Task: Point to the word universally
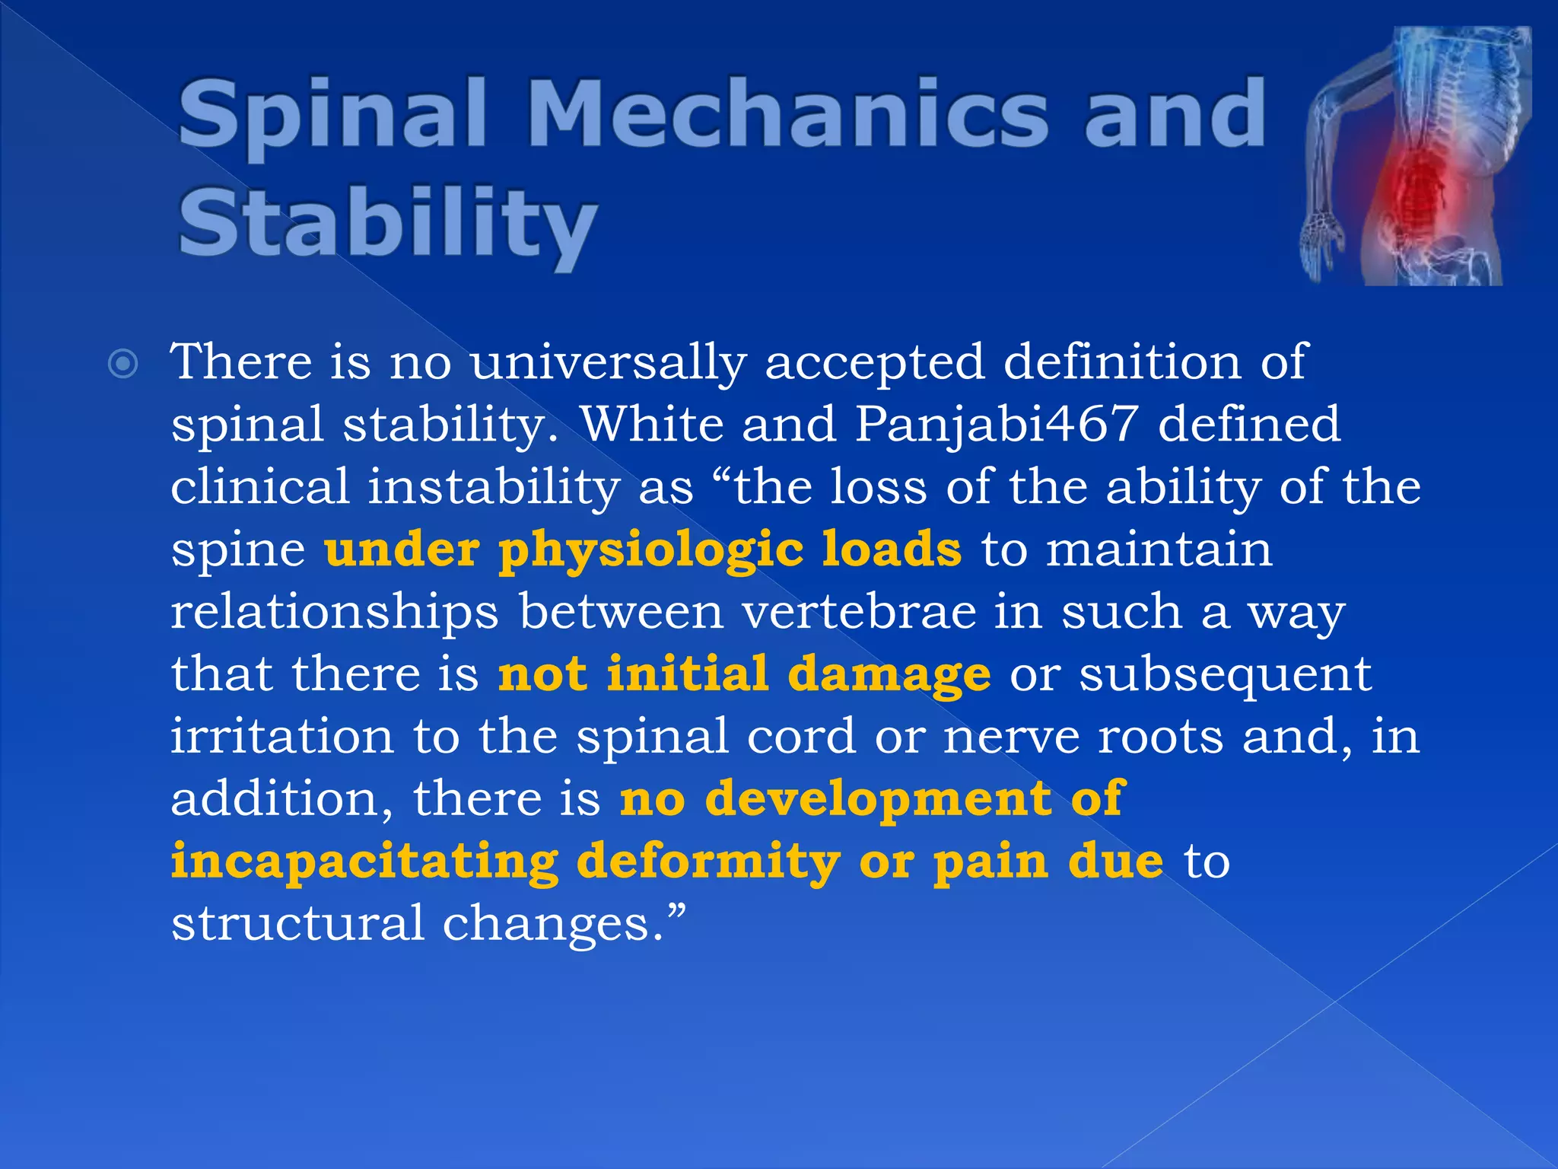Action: pyautogui.click(x=608, y=362)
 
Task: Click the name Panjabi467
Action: pyautogui.click(x=997, y=425)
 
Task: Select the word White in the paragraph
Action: pyautogui.click(x=650, y=425)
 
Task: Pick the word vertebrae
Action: pyautogui.click(x=859, y=612)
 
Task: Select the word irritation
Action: pyautogui.click(x=282, y=737)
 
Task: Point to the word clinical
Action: pyautogui.click(x=259, y=487)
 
